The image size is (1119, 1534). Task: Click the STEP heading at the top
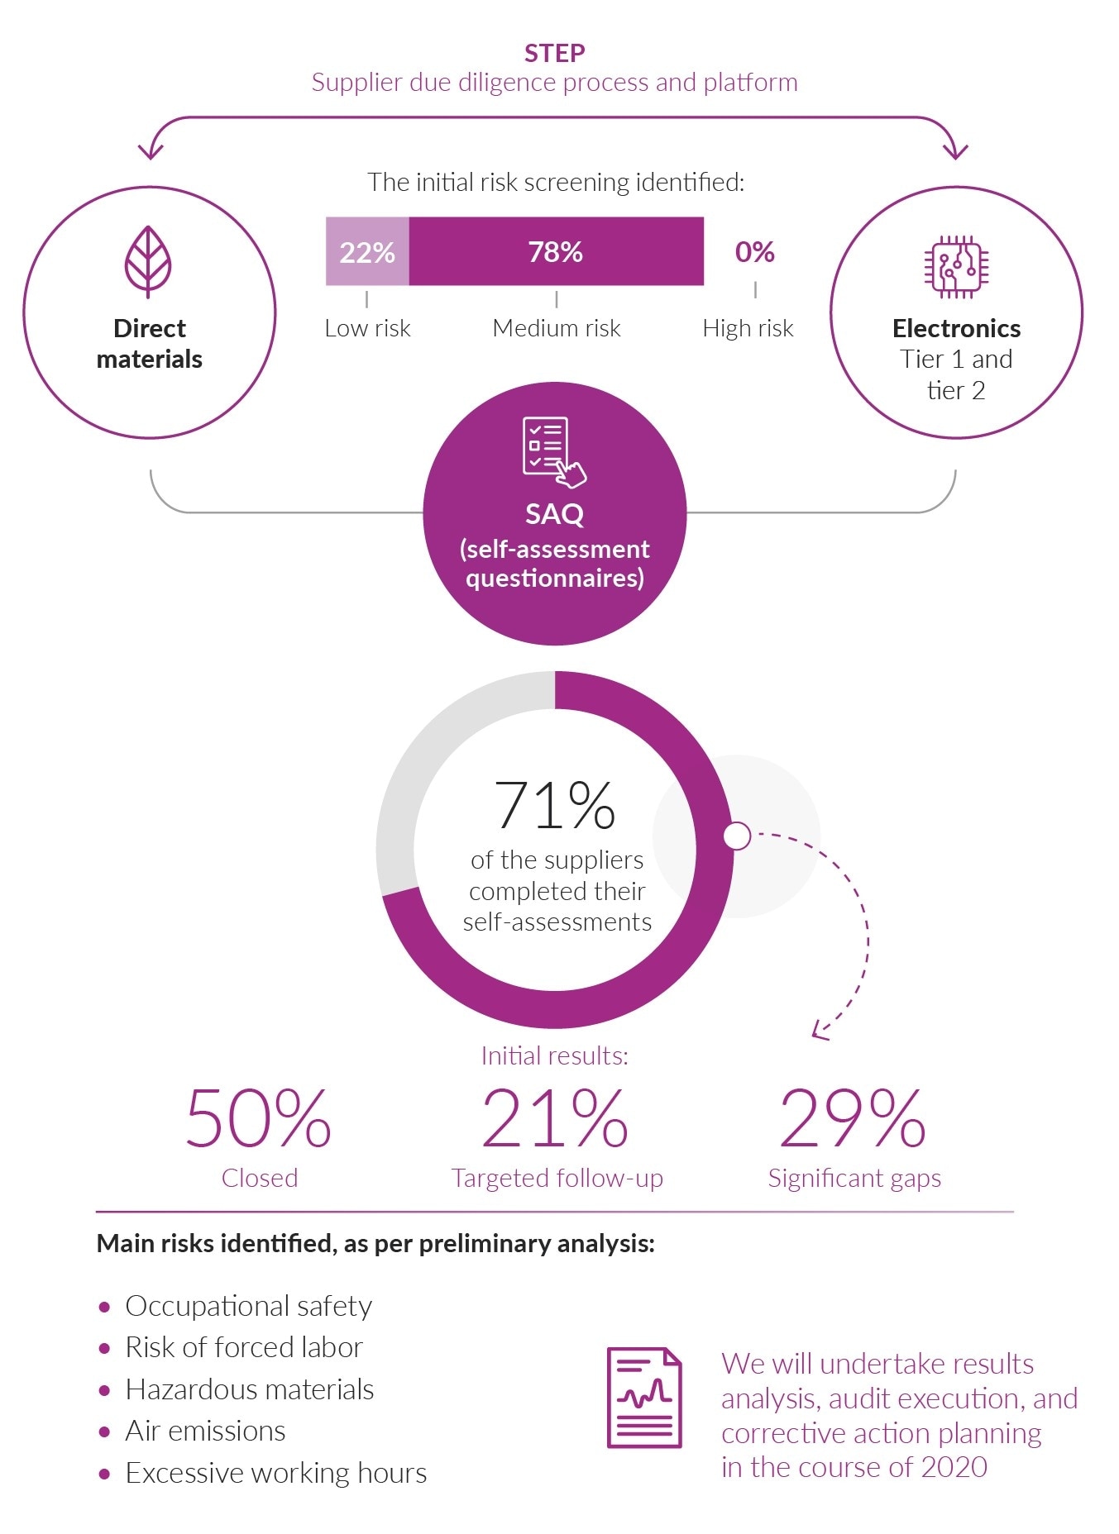pyautogui.click(x=554, y=53)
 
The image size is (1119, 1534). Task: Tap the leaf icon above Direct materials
pyautogui.click(x=148, y=261)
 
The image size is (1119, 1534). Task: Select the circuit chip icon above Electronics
pyautogui.click(x=956, y=266)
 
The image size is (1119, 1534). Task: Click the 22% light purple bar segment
pyautogui.click(x=367, y=251)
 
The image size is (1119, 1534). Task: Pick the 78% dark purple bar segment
pyautogui.click(x=556, y=251)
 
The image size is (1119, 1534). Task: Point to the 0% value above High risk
pyautogui.click(x=754, y=251)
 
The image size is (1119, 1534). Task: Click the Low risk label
pyautogui.click(x=367, y=328)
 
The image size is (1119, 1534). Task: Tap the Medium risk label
pyautogui.click(x=556, y=328)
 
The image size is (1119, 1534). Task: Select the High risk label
pyautogui.click(x=748, y=328)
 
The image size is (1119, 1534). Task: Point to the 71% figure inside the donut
pyautogui.click(x=554, y=805)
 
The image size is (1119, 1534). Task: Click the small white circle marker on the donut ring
pyautogui.click(x=736, y=836)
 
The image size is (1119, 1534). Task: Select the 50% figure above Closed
pyautogui.click(x=258, y=1119)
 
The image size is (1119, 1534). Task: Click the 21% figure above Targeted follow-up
pyautogui.click(x=554, y=1119)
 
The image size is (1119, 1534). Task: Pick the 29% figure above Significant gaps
pyautogui.click(x=852, y=1119)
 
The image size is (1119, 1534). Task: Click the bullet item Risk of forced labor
pyautogui.click(x=244, y=1347)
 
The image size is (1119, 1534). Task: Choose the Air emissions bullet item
pyautogui.click(x=205, y=1431)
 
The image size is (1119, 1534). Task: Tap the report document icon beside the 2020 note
pyautogui.click(x=644, y=1398)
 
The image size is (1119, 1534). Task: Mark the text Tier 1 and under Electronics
pyautogui.click(x=956, y=359)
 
